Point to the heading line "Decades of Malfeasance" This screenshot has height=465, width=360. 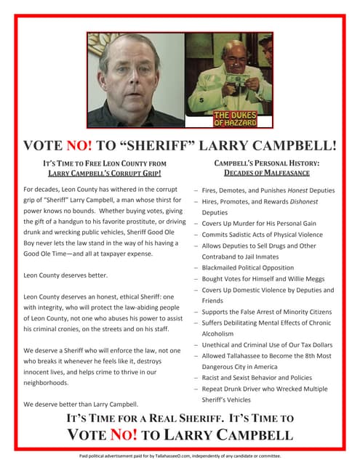click(x=267, y=173)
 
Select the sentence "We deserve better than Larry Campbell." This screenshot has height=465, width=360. click(x=81, y=403)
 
